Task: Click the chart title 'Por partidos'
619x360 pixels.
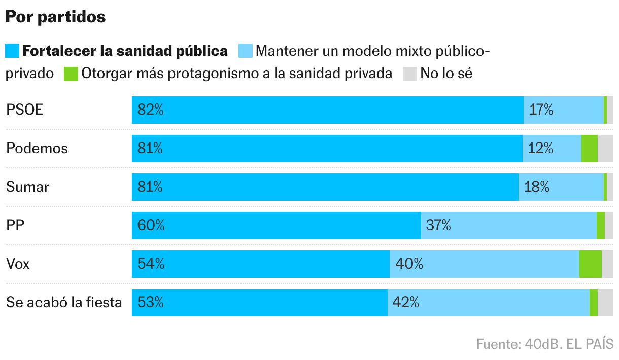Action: click(55, 17)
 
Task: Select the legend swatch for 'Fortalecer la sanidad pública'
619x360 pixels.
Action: click(12, 51)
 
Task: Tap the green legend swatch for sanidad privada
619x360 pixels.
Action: click(71, 74)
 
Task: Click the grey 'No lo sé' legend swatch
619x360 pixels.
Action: click(410, 74)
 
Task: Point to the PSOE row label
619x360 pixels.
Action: click(24, 110)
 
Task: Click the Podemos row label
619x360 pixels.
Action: click(37, 148)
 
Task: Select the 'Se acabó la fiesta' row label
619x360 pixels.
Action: click(64, 302)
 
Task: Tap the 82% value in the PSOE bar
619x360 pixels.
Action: click(151, 110)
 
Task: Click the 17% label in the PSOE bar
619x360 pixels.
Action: click(541, 110)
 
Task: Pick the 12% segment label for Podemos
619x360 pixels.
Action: click(540, 148)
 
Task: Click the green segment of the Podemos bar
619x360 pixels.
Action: click(589, 148)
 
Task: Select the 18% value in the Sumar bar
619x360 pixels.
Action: click(537, 187)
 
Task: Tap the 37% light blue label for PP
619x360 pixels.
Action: click(438, 225)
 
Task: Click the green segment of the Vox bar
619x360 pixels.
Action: click(590, 264)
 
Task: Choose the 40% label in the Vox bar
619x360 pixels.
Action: click(408, 264)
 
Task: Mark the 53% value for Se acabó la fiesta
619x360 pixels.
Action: click(151, 302)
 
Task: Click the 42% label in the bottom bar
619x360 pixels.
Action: click(406, 302)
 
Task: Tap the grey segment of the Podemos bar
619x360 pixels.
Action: click(605, 148)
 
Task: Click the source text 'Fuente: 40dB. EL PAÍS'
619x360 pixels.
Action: click(544, 344)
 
